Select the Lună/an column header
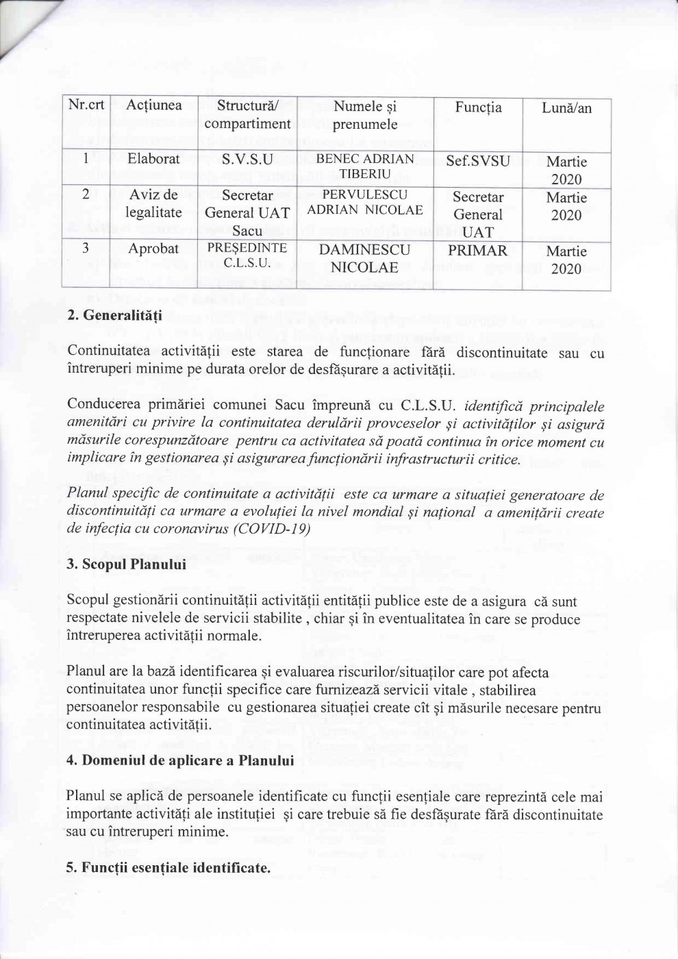click(x=566, y=108)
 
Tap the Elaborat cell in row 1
click(x=153, y=159)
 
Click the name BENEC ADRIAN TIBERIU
click(x=364, y=166)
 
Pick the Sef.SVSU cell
click(x=478, y=162)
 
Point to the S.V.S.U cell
click(x=247, y=160)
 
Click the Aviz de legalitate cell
click(x=153, y=203)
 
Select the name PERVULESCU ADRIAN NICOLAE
click(x=364, y=202)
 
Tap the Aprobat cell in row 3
click(x=153, y=249)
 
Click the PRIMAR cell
click(x=478, y=251)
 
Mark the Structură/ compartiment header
click(x=247, y=115)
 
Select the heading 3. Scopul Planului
click(x=127, y=565)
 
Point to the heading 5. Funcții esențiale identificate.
click(x=168, y=868)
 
